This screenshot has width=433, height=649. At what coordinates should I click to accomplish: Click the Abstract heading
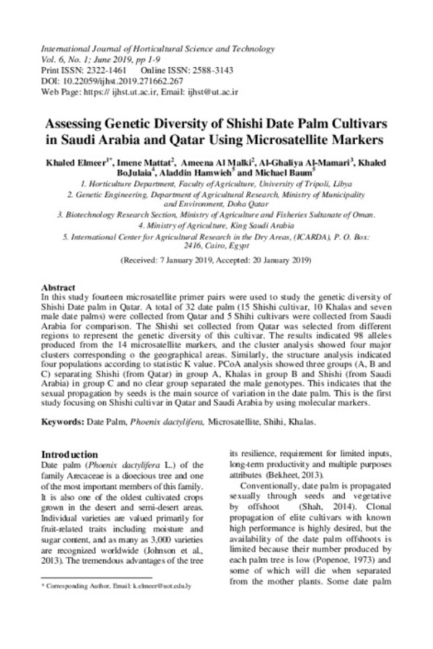coord(59,286)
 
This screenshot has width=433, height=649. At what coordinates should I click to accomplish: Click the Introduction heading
coord(69,454)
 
